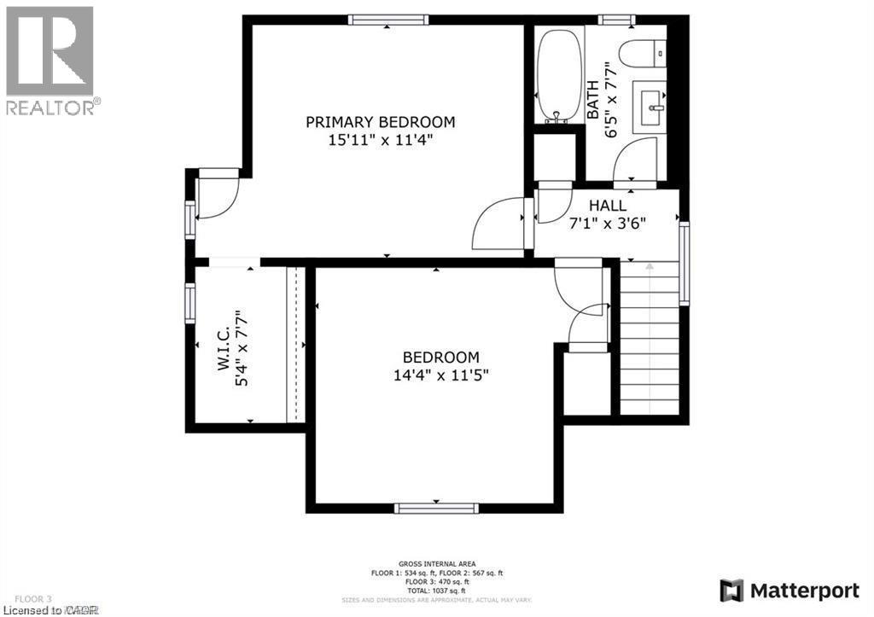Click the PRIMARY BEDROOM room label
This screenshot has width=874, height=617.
[x=380, y=122]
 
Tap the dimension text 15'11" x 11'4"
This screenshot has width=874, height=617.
[x=380, y=140]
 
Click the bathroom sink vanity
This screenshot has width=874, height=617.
[x=653, y=108]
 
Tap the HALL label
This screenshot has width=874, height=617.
[x=608, y=206]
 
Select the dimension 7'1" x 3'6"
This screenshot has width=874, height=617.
[x=608, y=223]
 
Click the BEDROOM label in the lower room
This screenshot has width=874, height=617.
[x=440, y=358]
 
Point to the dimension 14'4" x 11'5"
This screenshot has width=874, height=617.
[x=440, y=375]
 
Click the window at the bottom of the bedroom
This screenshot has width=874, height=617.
[x=436, y=508]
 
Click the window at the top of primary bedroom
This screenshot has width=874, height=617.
[x=387, y=20]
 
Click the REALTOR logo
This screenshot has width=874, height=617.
[x=50, y=60]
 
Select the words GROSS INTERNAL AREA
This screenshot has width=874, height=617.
[x=437, y=564]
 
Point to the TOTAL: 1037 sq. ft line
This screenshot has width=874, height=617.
[x=437, y=590]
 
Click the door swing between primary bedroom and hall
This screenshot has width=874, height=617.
[x=499, y=224]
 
